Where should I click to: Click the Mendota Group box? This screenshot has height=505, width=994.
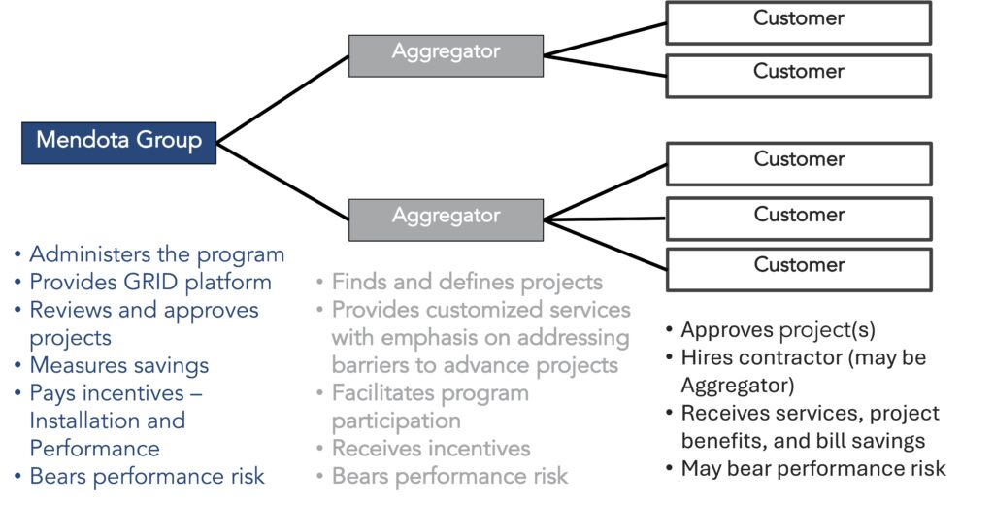pyautogui.click(x=118, y=141)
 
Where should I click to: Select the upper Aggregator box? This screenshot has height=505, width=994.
pyautogui.click(x=446, y=55)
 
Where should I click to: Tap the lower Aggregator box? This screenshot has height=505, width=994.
pyautogui.click(x=446, y=219)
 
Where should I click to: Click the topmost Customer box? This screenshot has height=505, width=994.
pyautogui.click(x=798, y=21)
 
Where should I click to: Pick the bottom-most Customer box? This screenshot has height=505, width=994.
pyautogui.click(x=798, y=269)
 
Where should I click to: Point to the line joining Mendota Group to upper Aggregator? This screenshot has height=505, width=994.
pyautogui.click(x=282, y=98)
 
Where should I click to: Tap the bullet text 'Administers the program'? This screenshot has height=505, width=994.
pyautogui.click(x=156, y=254)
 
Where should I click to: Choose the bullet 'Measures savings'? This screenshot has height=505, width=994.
pyautogui.click(x=118, y=365)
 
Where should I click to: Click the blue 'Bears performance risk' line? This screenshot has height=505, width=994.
pyautogui.click(x=147, y=476)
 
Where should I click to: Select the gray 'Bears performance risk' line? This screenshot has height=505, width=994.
pyautogui.click(x=449, y=476)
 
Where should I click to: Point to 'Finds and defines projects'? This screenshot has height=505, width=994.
pyautogui.click(x=467, y=283)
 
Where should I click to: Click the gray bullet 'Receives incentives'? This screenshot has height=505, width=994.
pyautogui.click(x=431, y=448)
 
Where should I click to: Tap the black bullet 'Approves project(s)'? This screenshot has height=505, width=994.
pyautogui.click(x=778, y=329)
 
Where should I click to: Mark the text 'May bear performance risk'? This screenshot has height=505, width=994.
pyautogui.click(x=812, y=468)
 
